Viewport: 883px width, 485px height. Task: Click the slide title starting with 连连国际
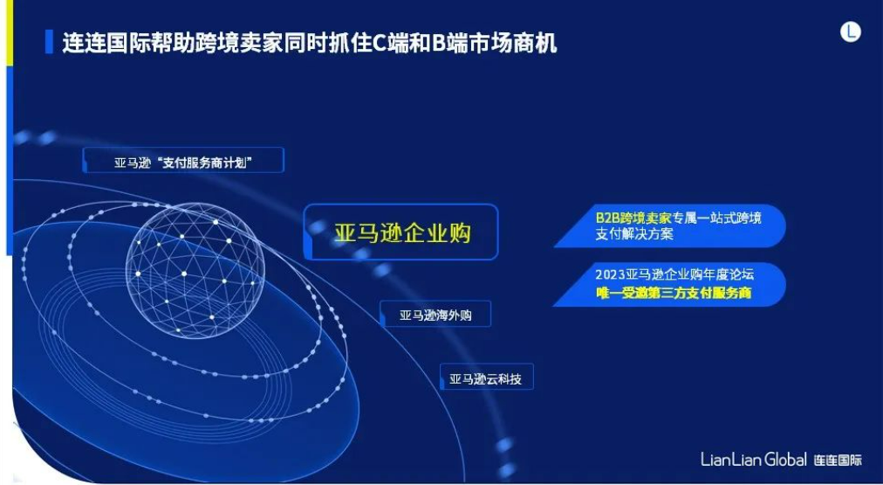click(309, 43)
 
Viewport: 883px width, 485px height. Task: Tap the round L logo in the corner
click(851, 31)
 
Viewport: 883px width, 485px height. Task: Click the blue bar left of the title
click(49, 42)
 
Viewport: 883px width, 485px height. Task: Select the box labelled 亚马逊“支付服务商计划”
click(183, 160)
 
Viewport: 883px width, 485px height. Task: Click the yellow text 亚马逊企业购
click(402, 233)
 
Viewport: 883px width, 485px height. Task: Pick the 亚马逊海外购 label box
click(435, 314)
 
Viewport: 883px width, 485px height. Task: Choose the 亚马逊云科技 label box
click(486, 378)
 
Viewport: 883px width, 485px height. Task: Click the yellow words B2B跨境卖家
click(633, 218)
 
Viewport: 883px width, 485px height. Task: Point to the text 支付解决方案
click(634, 234)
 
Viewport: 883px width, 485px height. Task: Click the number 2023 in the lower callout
click(610, 275)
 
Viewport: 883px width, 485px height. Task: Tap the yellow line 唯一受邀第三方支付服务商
click(674, 294)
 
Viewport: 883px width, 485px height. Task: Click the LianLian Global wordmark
click(754, 459)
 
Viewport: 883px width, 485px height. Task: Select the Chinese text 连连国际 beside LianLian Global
click(838, 460)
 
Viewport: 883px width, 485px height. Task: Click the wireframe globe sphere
click(195, 269)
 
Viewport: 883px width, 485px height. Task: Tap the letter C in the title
click(380, 44)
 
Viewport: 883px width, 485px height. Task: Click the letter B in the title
click(439, 44)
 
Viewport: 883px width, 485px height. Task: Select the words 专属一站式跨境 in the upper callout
click(717, 218)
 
